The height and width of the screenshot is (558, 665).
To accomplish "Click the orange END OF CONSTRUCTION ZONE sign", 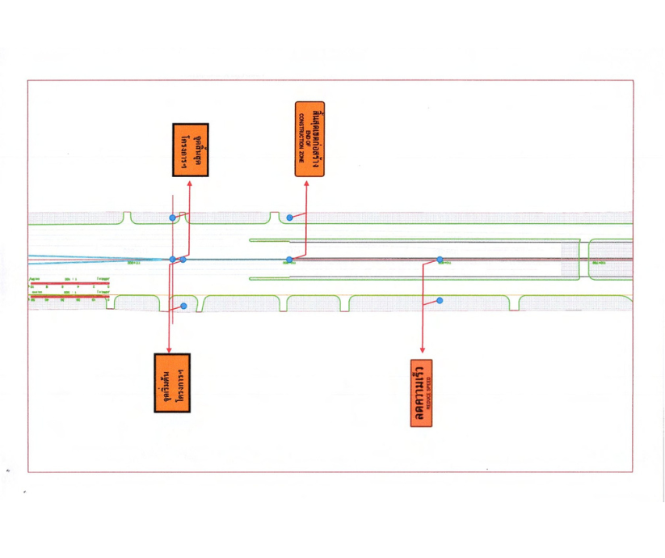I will tap(309, 139).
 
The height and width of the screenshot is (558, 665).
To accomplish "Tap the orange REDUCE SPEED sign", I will tap(422, 392).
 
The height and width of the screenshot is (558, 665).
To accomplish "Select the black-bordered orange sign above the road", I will tap(191, 150).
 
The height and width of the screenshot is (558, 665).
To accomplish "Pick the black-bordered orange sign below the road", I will tap(171, 383).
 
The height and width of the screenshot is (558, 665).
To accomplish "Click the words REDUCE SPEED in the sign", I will tap(428, 392).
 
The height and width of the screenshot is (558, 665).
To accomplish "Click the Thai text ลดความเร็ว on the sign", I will tap(419, 392).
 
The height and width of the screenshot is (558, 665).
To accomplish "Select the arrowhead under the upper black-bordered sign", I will tap(190, 183).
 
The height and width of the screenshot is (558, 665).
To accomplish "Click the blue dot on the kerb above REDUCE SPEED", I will tap(440, 300).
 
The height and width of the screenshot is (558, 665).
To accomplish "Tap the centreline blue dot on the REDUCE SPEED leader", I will tap(440, 260).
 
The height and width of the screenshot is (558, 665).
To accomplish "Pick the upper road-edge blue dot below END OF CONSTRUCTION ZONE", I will tap(289, 218).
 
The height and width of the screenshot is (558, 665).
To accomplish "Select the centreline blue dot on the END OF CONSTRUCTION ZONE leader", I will tap(289, 260).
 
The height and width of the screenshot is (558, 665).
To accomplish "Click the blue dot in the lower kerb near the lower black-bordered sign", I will tap(184, 306).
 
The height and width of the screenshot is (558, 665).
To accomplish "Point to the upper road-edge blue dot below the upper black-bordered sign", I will tap(172, 218).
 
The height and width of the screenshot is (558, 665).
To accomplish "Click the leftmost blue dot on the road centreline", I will tap(172, 260).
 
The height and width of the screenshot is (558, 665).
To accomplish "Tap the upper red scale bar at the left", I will tap(69, 283).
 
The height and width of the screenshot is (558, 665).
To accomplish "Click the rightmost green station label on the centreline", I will tap(599, 263).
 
